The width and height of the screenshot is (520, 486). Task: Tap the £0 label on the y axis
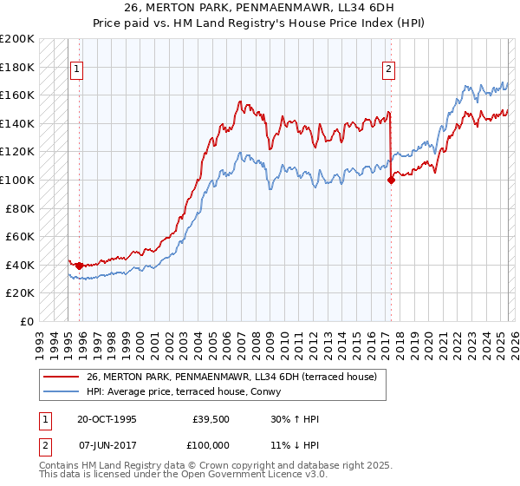[x=26, y=321]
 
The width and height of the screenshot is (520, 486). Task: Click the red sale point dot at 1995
[x=80, y=266]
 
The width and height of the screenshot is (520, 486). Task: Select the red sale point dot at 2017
[x=390, y=181]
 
